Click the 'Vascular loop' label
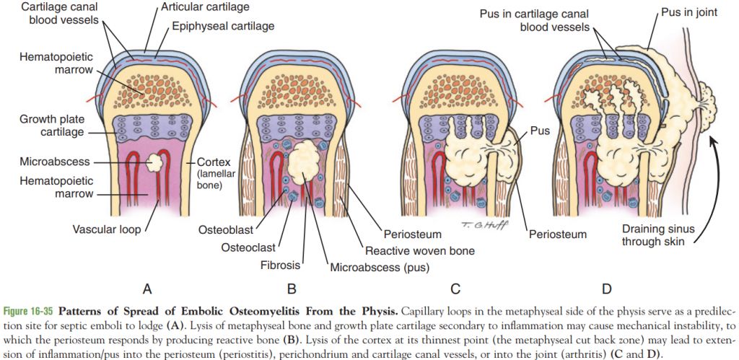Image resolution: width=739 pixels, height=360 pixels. [105, 230]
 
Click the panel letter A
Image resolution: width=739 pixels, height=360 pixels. [147, 289]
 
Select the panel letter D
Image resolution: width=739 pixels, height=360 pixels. [608, 289]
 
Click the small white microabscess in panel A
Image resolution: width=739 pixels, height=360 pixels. [154, 162]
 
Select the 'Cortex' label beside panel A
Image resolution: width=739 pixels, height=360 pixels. [214, 161]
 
